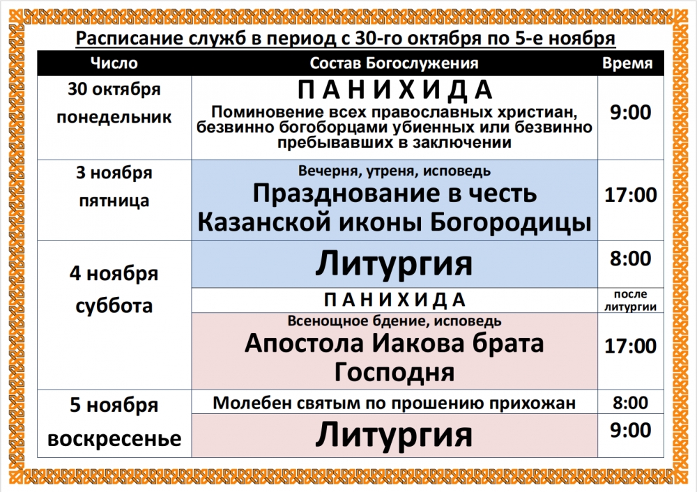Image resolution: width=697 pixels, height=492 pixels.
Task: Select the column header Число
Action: [114, 63]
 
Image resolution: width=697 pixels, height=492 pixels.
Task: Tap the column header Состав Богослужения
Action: [394, 63]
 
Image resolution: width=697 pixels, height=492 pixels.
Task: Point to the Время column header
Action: [627, 63]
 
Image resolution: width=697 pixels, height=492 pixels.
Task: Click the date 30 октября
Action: [114, 89]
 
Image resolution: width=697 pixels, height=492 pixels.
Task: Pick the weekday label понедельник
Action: [114, 117]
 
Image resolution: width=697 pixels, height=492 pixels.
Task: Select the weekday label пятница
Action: [114, 201]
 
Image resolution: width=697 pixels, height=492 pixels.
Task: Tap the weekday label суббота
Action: [114, 306]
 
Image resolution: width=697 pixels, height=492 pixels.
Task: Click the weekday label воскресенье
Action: [114, 438]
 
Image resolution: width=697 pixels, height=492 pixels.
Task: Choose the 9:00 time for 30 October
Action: [630, 112]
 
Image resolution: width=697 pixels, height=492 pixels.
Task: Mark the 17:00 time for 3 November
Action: [630, 195]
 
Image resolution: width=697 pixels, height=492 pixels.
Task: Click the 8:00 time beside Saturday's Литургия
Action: [630, 259]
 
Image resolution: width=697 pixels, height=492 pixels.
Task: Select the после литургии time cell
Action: [630, 300]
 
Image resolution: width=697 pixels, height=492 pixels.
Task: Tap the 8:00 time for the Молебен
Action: [630, 403]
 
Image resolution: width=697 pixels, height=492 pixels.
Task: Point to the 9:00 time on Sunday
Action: [630, 430]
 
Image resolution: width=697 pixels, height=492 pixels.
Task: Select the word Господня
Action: [395, 372]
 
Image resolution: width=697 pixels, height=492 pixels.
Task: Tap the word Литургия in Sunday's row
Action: [394, 436]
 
